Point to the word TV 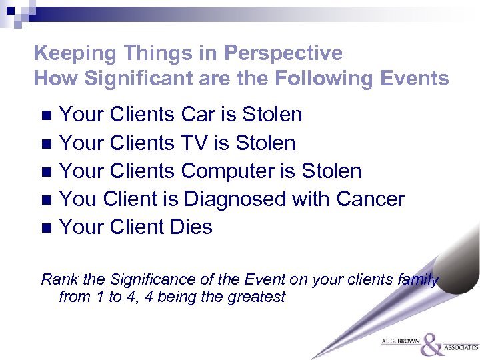point(195,143)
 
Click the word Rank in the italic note point(57,279)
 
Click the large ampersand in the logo point(433,344)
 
